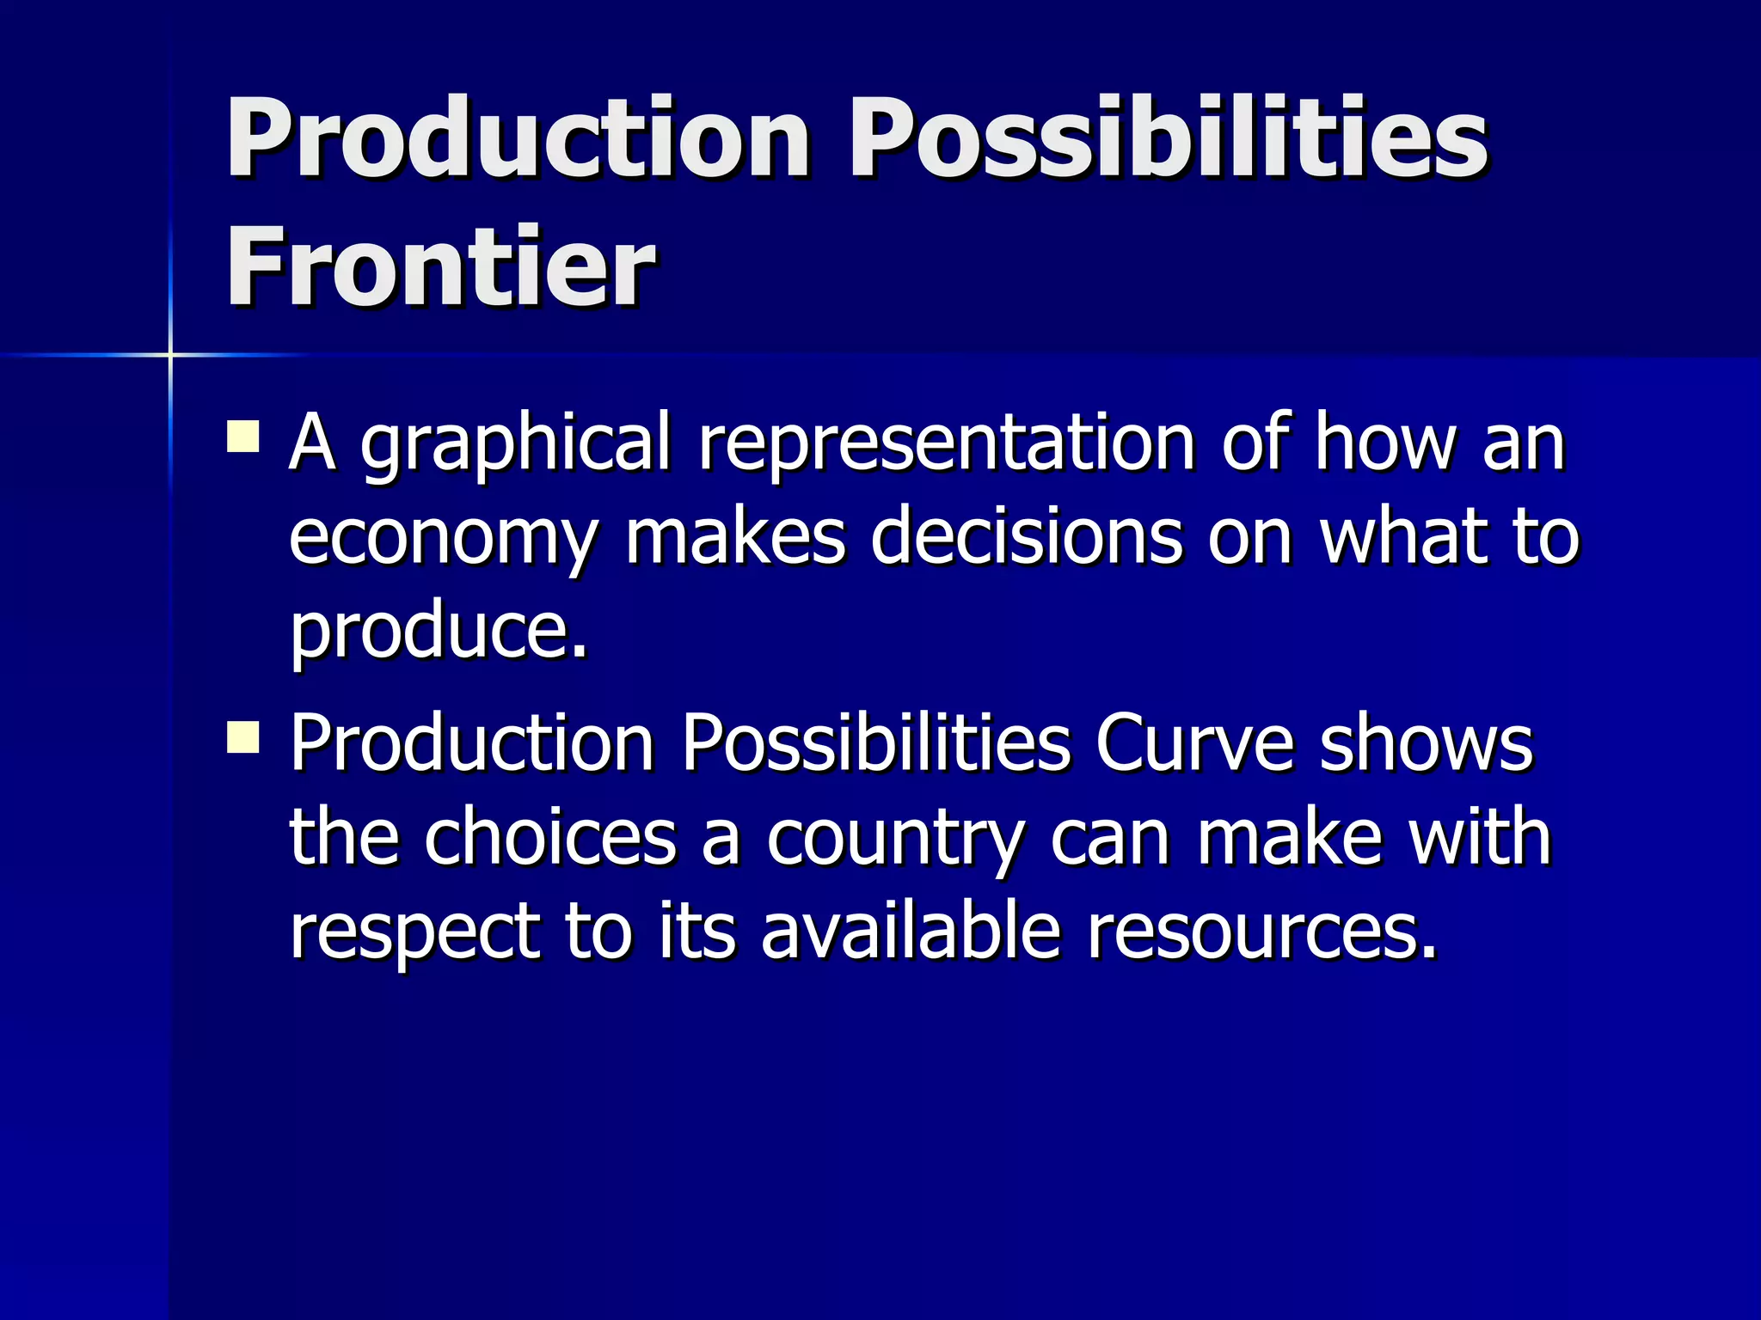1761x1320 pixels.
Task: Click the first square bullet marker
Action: (243, 436)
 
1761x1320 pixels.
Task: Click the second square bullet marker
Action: (243, 736)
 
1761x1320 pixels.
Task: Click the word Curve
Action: (1194, 743)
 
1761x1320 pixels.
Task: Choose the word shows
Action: (1427, 743)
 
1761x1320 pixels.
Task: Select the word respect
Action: (415, 935)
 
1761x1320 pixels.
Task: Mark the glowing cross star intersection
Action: (170, 354)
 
